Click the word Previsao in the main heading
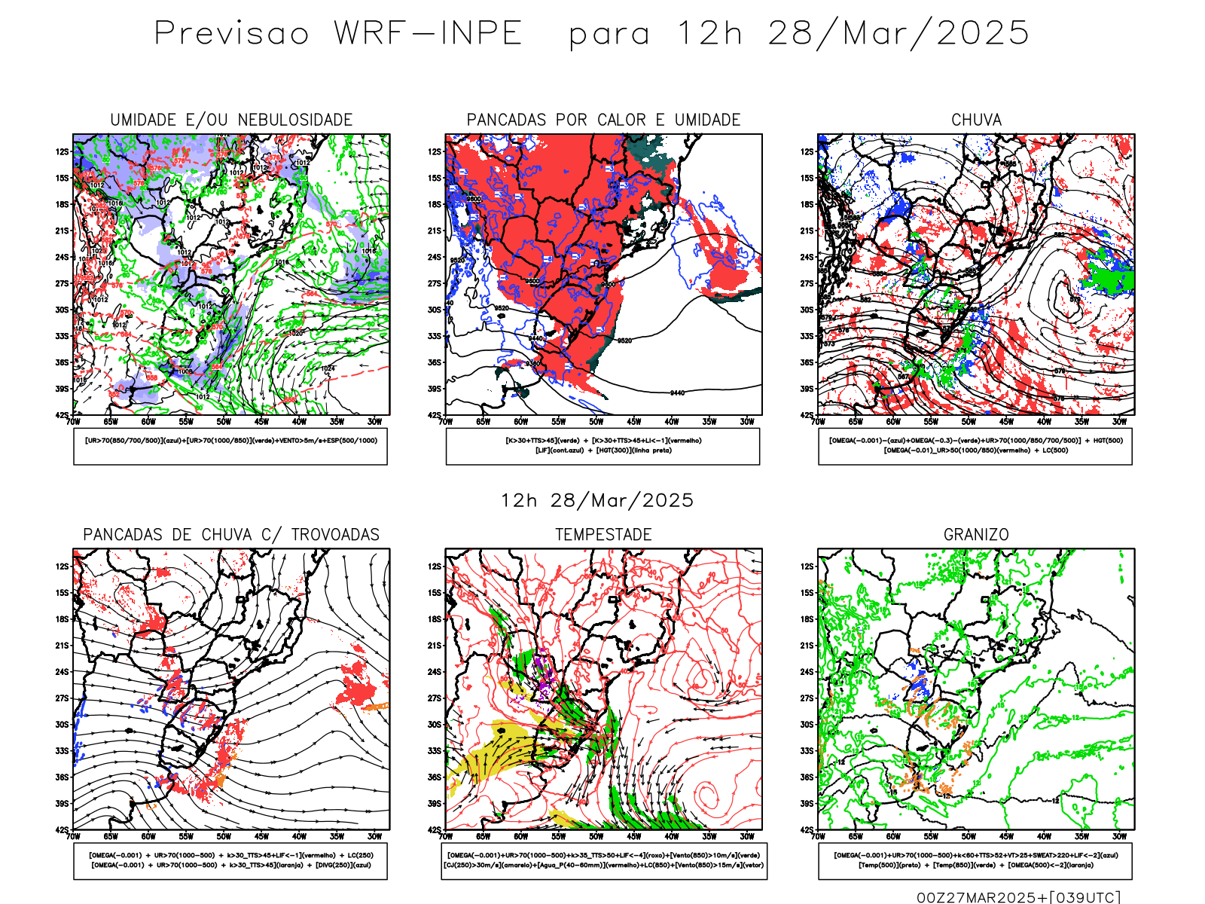tap(232, 33)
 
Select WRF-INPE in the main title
tap(428, 33)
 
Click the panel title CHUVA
tap(976, 120)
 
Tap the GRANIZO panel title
tap(976, 535)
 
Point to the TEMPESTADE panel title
tap(603, 535)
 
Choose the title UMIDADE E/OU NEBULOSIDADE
tap(231, 120)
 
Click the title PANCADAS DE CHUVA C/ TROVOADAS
tap(231, 535)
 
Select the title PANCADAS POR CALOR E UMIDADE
tap(603, 120)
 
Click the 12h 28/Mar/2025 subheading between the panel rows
tap(597, 500)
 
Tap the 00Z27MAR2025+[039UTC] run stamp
tap(1018, 897)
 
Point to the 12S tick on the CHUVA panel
tap(807, 152)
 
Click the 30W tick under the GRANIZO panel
tap(1119, 836)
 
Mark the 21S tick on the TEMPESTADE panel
tap(435, 646)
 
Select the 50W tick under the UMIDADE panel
tap(224, 422)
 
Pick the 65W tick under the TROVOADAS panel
tap(111, 836)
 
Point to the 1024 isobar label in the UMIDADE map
tap(328, 368)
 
